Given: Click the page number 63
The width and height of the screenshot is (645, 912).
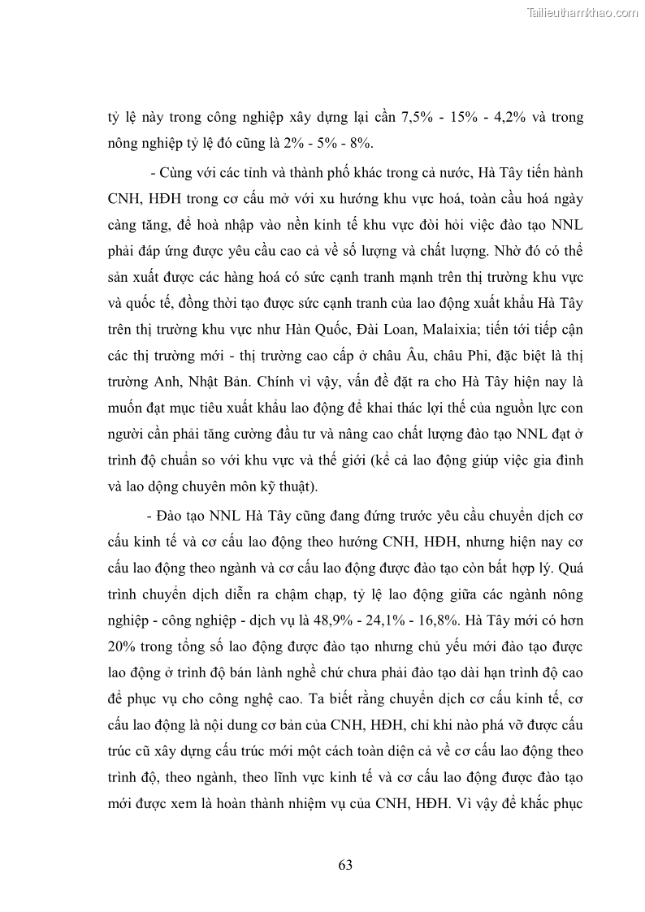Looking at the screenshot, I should pos(345,864).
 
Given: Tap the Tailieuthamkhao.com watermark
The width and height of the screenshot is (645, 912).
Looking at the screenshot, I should pos(583,13).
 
